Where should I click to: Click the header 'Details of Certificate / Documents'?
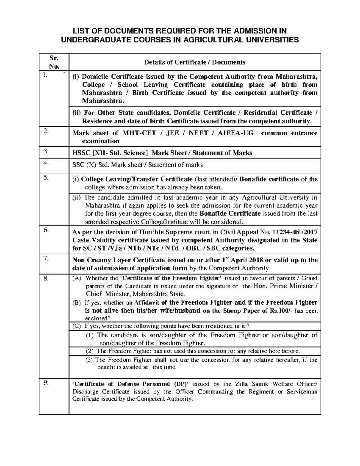click(195, 62)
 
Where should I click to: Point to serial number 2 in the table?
click(46, 131)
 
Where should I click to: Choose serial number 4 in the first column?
click(46, 163)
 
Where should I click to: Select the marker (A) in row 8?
click(77, 278)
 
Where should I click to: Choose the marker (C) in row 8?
click(77, 326)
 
